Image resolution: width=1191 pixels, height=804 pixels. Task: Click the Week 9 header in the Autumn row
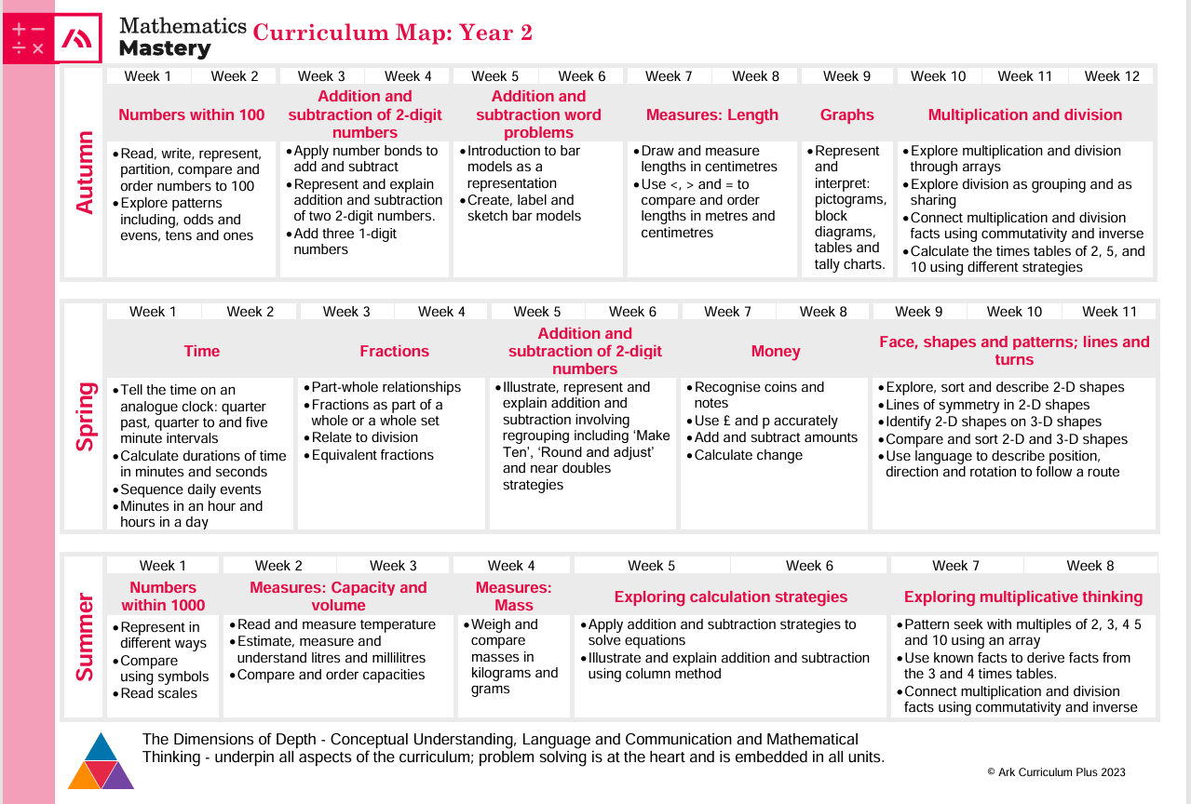click(846, 76)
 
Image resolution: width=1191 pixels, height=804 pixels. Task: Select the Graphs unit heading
click(846, 115)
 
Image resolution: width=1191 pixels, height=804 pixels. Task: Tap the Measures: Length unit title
click(712, 115)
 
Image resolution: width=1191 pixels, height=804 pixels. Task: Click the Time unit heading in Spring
click(202, 351)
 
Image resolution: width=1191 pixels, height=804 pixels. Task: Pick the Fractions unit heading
click(394, 351)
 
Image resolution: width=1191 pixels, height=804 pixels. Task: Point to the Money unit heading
click(776, 351)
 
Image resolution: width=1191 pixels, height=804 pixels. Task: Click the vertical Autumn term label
click(85, 172)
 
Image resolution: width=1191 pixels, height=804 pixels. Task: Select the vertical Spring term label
click(85, 416)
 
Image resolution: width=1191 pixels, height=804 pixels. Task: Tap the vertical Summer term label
click(85, 636)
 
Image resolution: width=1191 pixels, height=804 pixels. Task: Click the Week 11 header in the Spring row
click(1109, 312)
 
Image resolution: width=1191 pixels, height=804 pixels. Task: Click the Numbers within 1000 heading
click(163, 596)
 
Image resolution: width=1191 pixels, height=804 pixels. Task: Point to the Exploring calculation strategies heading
click(731, 597)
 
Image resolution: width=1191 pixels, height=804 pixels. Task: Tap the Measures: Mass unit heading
click(513, 596)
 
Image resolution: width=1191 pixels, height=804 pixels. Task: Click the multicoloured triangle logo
click(102, 762)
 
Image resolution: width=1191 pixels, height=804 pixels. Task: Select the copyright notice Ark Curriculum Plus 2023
click(1056, 772)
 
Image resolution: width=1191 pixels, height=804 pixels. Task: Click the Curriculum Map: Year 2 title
click(393, 33)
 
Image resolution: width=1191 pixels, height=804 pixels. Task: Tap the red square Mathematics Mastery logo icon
click(76, 38)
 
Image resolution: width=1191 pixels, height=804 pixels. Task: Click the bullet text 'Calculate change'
click(748, 455)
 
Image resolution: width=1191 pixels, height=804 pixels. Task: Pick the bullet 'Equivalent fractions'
click(372, 455)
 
